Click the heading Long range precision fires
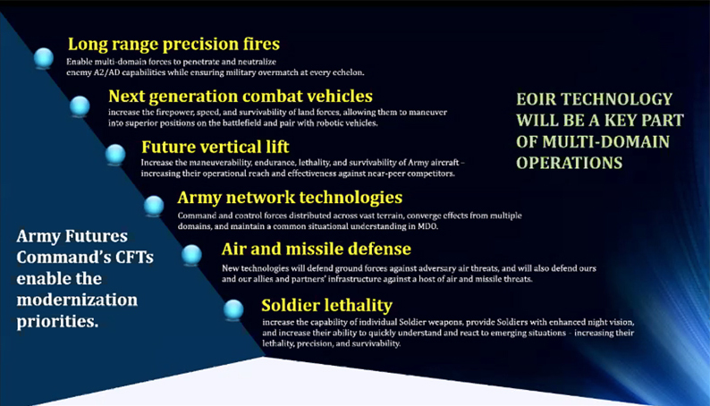[x=173, y=44]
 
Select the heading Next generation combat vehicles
[x=241, y=95]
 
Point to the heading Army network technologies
[x=290, y=197]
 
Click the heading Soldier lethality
[x=326, y=304]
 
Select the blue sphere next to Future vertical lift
[x=115, y=155]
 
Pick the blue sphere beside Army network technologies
[x=154, y=206]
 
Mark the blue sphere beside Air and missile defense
[x=192, y=256]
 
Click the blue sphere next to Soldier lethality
[x=233, y=309]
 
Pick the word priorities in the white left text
[x=55, y=320]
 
